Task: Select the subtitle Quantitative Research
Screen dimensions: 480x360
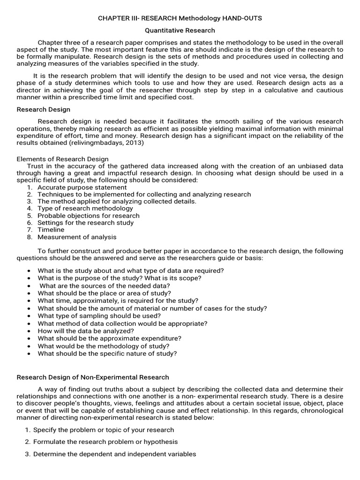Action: point(180,30)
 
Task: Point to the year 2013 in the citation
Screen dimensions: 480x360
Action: point(134,143)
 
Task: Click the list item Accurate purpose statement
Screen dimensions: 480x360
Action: point(82,187)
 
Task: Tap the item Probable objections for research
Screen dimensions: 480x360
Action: point(89,216)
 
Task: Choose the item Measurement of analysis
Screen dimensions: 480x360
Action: point(77,237)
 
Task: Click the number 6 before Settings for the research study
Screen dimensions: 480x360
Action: point(29,223)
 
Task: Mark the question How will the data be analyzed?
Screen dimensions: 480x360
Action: point(86,331)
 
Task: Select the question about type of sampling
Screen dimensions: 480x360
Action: point(99,316)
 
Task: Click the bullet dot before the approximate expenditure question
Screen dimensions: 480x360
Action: point(29,338)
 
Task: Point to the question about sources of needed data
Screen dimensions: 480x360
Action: point(105,286)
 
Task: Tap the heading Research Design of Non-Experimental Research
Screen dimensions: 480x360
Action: point(93,377)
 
